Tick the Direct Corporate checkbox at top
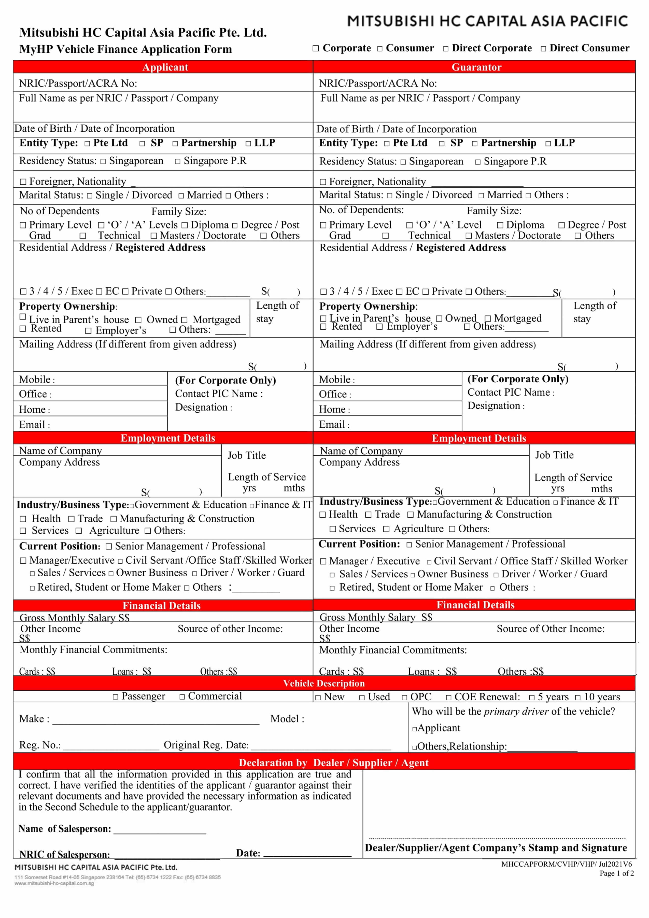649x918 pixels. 446,49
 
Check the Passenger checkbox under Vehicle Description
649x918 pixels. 116,697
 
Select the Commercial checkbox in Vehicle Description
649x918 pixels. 182,697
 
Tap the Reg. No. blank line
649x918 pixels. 111,746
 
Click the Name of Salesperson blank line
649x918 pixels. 160,830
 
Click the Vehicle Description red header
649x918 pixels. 324,683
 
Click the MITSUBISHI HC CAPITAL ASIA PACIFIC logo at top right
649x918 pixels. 487,21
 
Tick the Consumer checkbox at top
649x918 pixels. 380,49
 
